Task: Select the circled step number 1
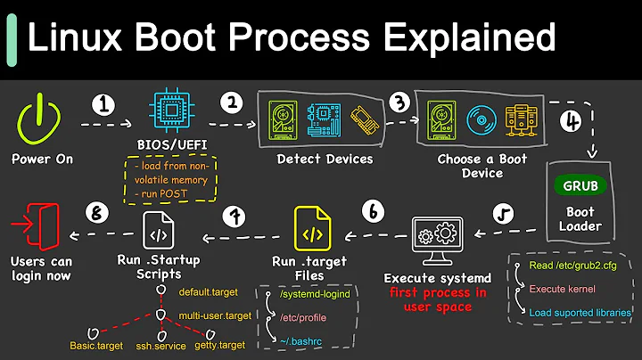[x=106, y=105]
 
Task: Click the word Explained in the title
[x=462, y=38]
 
